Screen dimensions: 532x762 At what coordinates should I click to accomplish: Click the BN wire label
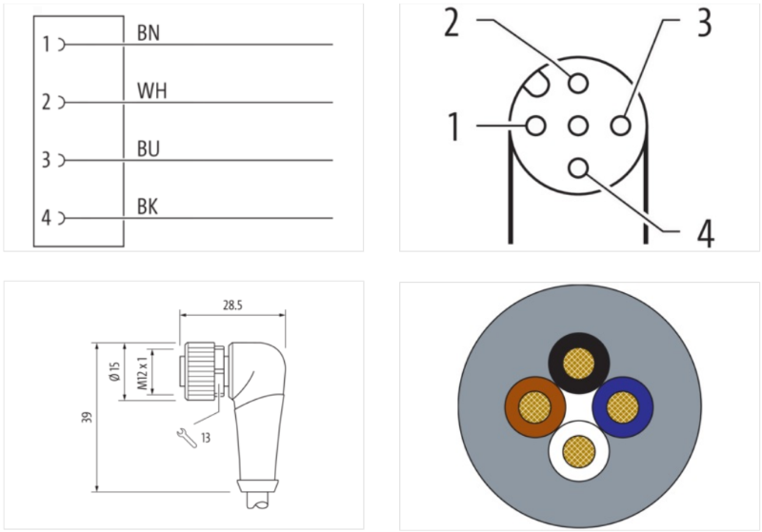149,33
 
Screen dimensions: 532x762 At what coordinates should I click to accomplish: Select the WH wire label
152,91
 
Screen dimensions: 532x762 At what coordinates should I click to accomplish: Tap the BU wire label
149,149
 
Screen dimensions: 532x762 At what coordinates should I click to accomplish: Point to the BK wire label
149,207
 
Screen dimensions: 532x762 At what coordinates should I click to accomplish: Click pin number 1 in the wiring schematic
45,44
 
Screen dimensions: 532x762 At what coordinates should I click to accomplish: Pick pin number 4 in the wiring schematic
45,218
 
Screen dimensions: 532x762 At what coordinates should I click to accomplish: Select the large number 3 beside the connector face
703,23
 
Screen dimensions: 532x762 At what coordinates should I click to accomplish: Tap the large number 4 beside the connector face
704,231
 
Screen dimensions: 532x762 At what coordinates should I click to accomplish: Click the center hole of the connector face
577,126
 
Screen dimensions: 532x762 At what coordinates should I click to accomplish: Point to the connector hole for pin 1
535,126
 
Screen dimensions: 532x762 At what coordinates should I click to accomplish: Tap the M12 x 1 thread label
143,372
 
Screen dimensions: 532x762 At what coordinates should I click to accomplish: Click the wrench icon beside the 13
187,435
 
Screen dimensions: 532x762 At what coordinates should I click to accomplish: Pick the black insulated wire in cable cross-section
578,364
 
